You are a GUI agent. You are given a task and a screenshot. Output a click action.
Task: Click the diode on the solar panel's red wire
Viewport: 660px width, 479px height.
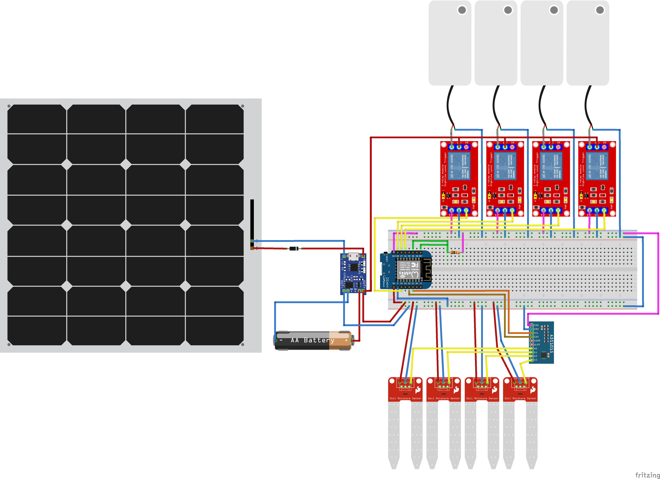click(294, 249)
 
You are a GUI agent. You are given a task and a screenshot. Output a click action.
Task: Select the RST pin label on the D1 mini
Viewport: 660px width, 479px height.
click(421, 256)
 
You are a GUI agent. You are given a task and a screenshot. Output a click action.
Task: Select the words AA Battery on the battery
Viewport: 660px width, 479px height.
click(312, 340)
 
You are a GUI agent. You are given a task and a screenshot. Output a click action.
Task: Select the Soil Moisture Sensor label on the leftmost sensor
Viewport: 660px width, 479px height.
click(405, 398)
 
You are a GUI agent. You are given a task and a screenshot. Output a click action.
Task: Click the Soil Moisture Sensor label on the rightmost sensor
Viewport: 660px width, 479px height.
click(520, 398)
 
